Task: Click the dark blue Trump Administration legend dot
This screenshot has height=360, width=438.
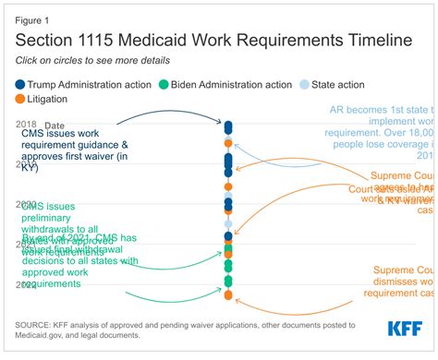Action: coord(19,83)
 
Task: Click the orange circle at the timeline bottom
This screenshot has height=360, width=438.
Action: coord(228,294)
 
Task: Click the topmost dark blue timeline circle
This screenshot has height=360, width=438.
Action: coord(228,124)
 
